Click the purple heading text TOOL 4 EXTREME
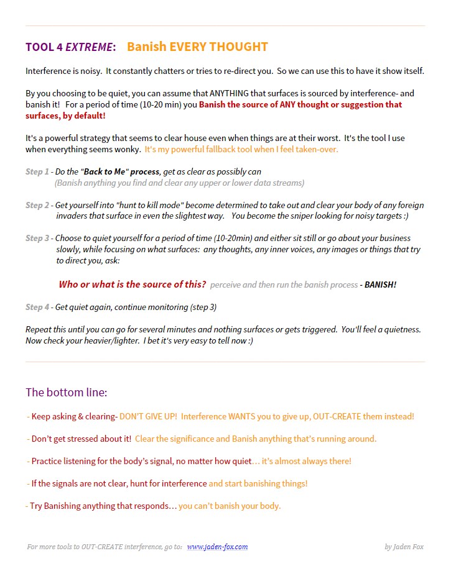[70, 47]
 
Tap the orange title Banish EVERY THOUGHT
[197, 47]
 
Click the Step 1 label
[37, 171]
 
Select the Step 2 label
[37, 205]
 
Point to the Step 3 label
[37, 239]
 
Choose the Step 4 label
[37, 307]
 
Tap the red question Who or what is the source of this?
[132, 285]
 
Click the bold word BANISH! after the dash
[380, 285]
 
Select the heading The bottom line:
[66, 393]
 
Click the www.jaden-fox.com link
[217, 547]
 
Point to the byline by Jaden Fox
[404, 547]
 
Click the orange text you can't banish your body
[230, 506]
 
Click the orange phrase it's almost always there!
[306, 461]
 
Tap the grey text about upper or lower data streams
[179, 183]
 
